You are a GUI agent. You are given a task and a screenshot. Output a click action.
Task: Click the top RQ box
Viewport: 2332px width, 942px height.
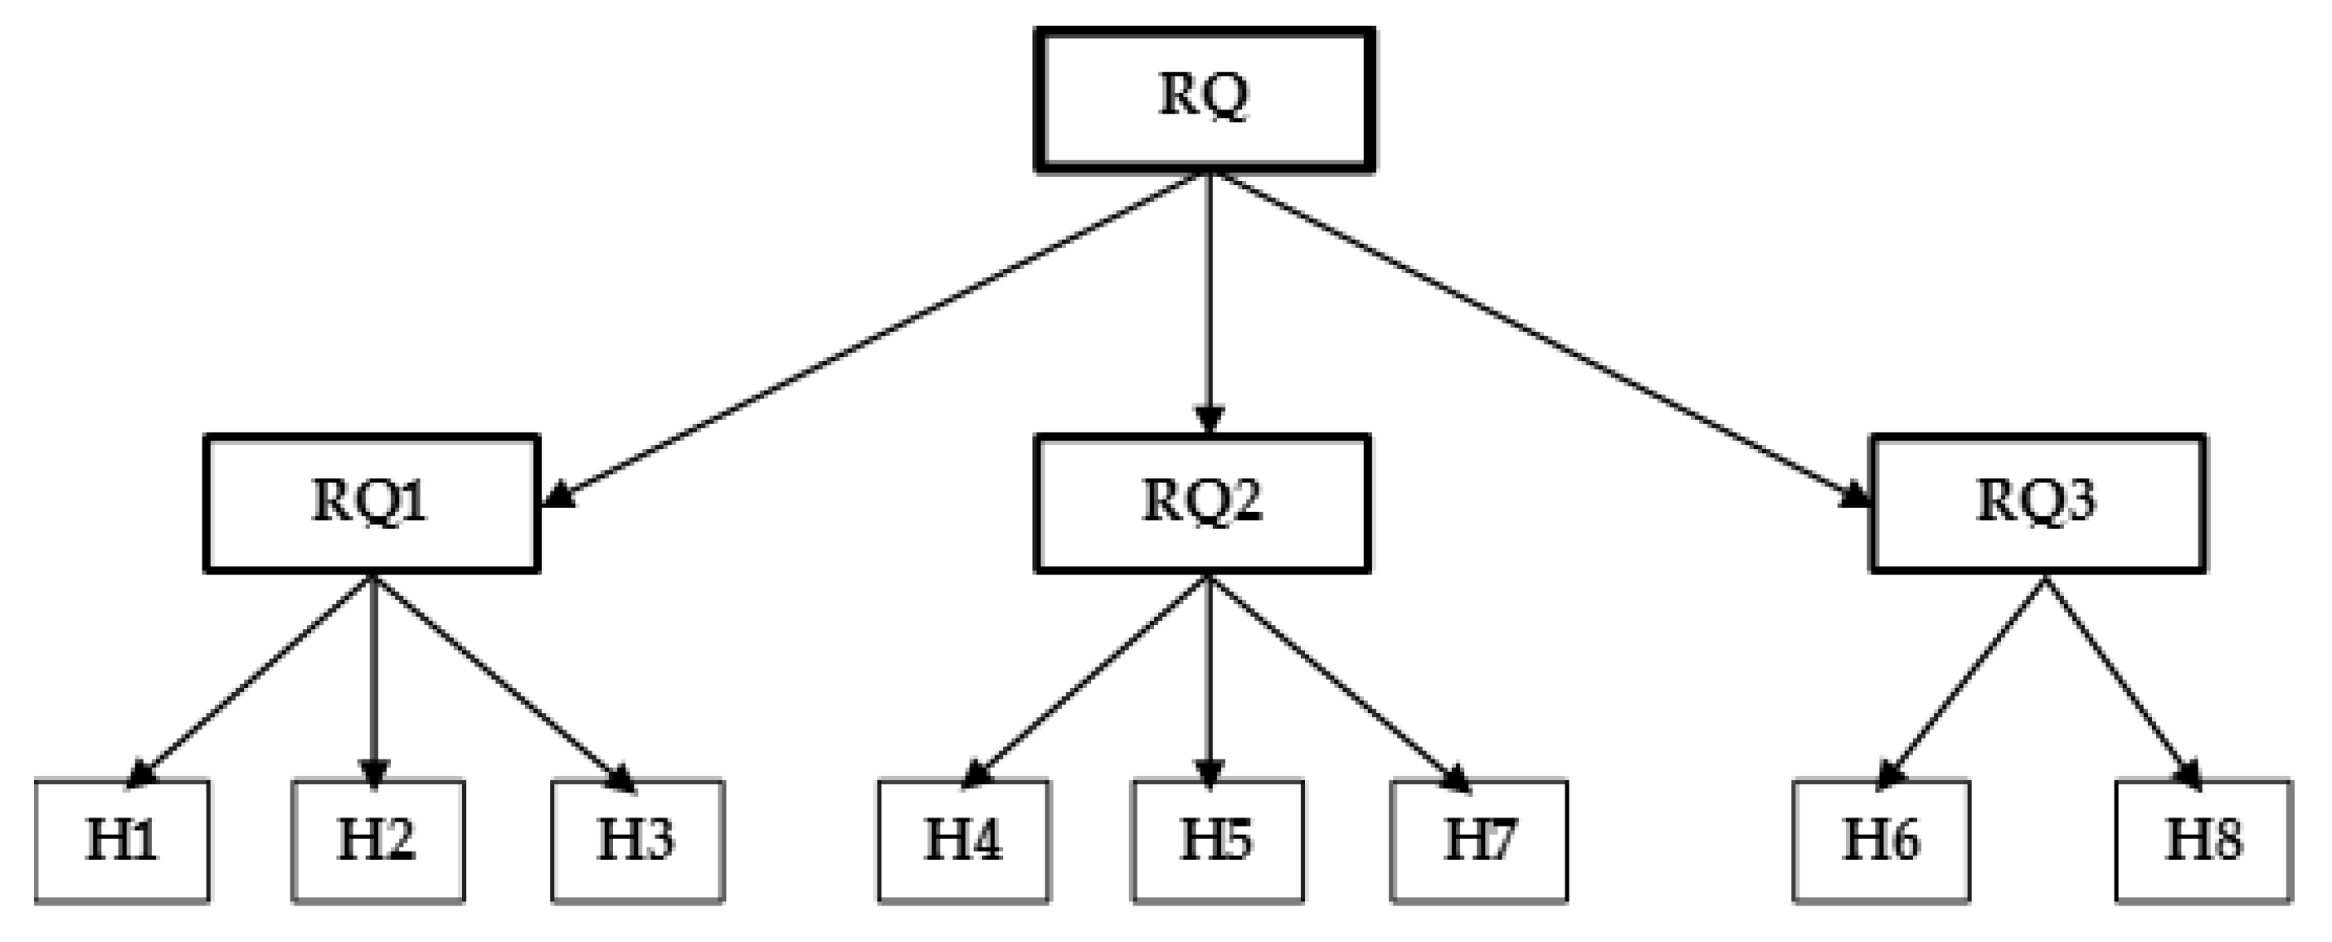pyautogui.click(x=1205, y=100)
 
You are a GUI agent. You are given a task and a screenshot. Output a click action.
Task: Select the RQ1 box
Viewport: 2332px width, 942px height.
pyautogui.click(x=372, y=504)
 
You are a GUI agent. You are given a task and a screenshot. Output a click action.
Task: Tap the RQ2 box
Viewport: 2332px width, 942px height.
pyautogui.click(x=1202, y=504)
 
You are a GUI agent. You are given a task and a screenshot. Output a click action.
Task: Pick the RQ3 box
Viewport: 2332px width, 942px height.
pyautogui.click(x=2037, y=504)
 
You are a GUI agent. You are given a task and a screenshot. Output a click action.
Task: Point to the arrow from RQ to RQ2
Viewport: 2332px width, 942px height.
pyautogui.click(x=1209, y=299)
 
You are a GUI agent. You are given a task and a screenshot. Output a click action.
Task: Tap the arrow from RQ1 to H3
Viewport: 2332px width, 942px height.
pyautogui.click(x=503, y=680)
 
